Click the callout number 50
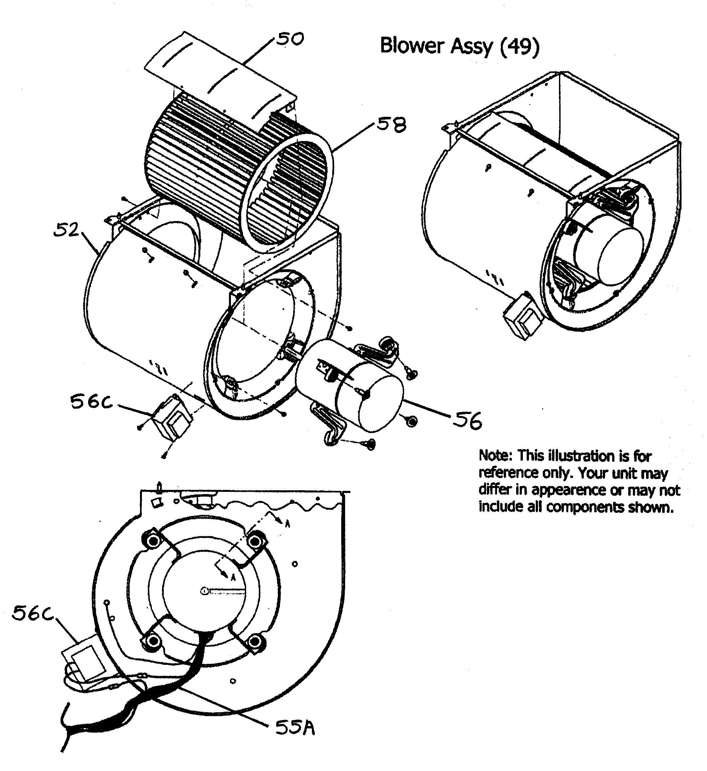[x=290, y=39]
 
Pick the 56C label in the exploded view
[x=91, y=402]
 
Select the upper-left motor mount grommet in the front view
[x=154, y=541]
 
